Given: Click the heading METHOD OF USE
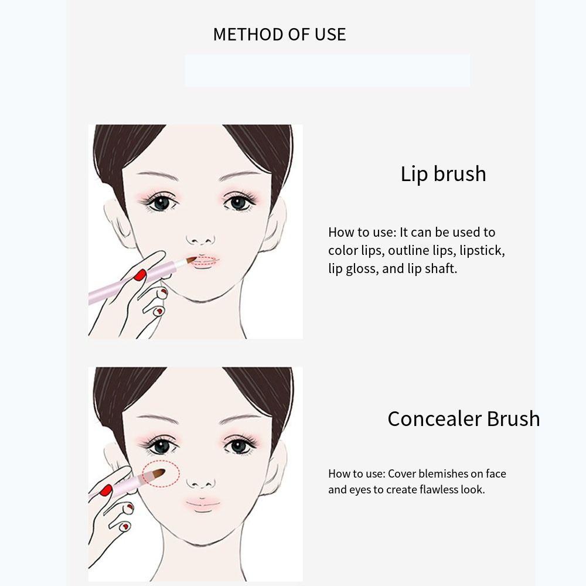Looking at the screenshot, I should pos(280,35).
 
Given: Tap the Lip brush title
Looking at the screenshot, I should pos(443,174).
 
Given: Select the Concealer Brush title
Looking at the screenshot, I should pos(464,419).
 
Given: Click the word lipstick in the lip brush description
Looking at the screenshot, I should pos(482,251).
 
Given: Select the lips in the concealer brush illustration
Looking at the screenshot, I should pos(203,504).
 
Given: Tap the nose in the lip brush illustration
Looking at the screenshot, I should pos(201,238).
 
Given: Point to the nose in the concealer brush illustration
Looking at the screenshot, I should pos(200,482).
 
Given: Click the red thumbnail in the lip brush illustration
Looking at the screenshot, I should pos(139,275).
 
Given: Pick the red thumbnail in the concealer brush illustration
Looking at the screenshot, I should pos(106,490).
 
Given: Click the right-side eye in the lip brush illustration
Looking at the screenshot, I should pos(238,203).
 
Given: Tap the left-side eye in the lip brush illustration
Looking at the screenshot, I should pos(159,203).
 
